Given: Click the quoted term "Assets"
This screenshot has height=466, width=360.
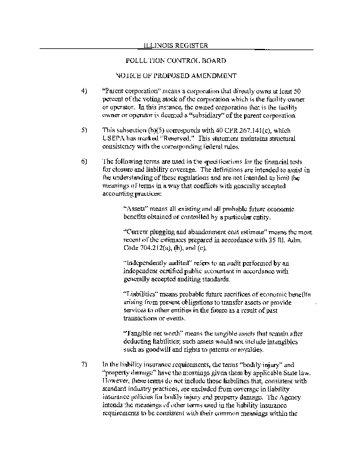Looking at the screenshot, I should point(137,209).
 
